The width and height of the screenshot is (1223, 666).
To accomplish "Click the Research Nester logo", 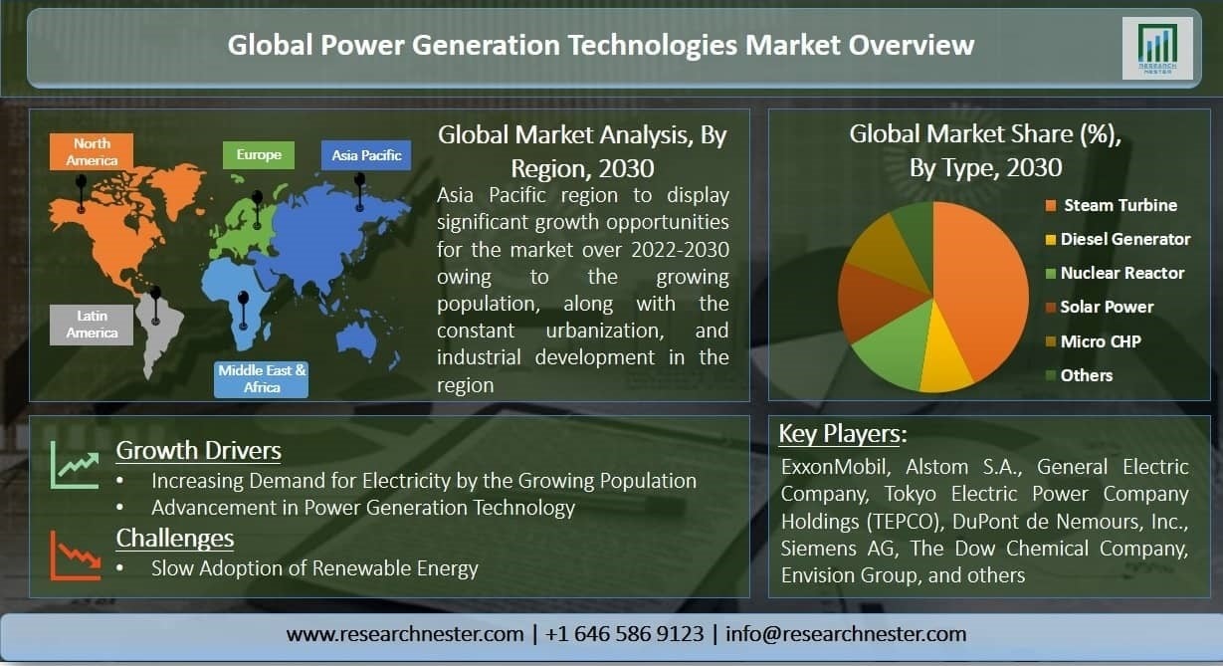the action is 1157,48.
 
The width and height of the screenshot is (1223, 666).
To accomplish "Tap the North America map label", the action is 92,151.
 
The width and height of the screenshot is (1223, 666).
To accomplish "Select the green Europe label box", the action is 259,154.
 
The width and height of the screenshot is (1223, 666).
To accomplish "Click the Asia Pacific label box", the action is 366,155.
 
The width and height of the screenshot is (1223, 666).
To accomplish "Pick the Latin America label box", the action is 92,325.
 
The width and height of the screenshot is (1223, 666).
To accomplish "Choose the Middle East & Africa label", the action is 261,378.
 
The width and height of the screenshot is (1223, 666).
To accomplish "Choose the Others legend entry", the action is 1079,375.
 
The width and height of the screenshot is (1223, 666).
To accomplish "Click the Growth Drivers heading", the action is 198,450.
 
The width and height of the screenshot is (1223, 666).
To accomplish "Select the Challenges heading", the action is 175,538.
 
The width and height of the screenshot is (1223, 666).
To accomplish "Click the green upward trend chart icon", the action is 75,465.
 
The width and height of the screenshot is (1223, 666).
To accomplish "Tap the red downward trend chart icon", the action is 75,555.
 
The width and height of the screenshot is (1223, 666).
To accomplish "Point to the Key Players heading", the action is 843,434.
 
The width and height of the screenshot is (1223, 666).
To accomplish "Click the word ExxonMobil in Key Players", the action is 835,467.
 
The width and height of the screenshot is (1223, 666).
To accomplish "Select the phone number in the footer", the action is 624,634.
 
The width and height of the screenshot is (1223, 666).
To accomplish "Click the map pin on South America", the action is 155,305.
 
